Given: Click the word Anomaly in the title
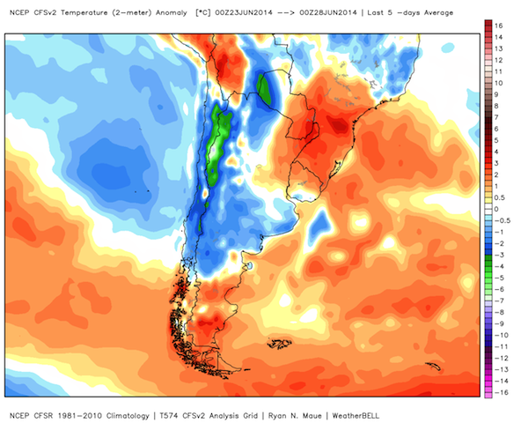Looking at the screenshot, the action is pos(171,13).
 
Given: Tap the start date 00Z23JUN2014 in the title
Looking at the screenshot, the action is pos(244,13).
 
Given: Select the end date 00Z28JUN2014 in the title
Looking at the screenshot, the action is pos(328,13).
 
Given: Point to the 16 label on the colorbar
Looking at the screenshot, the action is pos(498,26).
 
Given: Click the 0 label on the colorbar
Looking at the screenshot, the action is pos(496,209).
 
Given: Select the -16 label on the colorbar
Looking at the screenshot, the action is pos(501,393).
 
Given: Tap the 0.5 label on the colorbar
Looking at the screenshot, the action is pos(500,197).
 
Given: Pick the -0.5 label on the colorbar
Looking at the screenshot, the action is pos(502,220).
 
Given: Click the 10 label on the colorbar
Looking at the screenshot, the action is pos(498,83).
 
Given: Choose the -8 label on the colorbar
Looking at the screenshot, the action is pos(499,312).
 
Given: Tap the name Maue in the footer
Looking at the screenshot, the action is pos(312,416).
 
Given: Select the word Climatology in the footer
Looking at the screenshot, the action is pos(128,416).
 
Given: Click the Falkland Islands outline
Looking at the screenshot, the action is pos(279,344).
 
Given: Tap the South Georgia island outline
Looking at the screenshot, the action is pos(433,366).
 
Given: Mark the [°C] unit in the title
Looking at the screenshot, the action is pos(202,13).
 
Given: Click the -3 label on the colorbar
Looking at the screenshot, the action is pos(499,255).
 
